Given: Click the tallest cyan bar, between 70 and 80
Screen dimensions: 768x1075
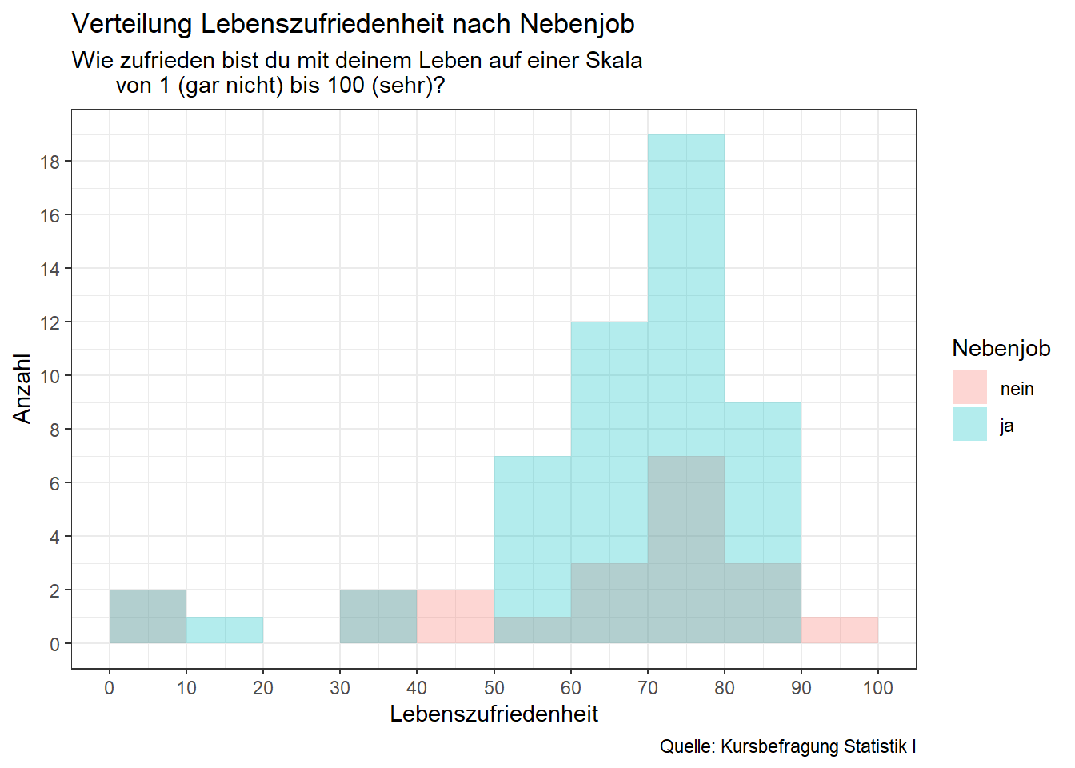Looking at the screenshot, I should click(685, 296).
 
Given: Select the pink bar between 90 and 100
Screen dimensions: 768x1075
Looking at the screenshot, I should click(839, 630).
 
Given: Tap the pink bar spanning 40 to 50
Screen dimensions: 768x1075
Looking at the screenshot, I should click(455, 616).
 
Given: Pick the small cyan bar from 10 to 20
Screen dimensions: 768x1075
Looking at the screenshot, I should click(225, 630).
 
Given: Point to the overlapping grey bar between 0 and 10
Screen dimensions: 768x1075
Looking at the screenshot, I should click(148, 616).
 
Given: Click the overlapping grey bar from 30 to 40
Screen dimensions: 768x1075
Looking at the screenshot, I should click(378, 616).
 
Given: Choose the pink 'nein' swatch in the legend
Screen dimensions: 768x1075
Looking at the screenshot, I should click(969, 387).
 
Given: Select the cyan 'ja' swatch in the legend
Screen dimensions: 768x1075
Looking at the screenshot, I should click(969, 424).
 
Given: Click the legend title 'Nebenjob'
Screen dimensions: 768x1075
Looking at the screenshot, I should click(1001, 348).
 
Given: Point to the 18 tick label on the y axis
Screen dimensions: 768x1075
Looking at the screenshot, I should click(50, 162).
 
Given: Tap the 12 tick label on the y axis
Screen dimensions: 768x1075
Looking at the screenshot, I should click(50, 322).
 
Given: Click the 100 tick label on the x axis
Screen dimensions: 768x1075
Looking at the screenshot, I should click(877, 688).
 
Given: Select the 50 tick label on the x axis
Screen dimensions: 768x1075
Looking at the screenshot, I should click(494, 688).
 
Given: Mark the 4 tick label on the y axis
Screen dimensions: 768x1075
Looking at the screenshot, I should click(54, 537).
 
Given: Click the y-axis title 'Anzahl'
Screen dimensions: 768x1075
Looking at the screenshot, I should click(22, 389).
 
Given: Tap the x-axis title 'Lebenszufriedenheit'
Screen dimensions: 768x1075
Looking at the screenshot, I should click(494, 714).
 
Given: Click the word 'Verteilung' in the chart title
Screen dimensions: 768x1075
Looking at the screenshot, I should click(133, 24).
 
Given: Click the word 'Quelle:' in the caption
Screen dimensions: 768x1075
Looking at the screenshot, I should click(687, 746).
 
